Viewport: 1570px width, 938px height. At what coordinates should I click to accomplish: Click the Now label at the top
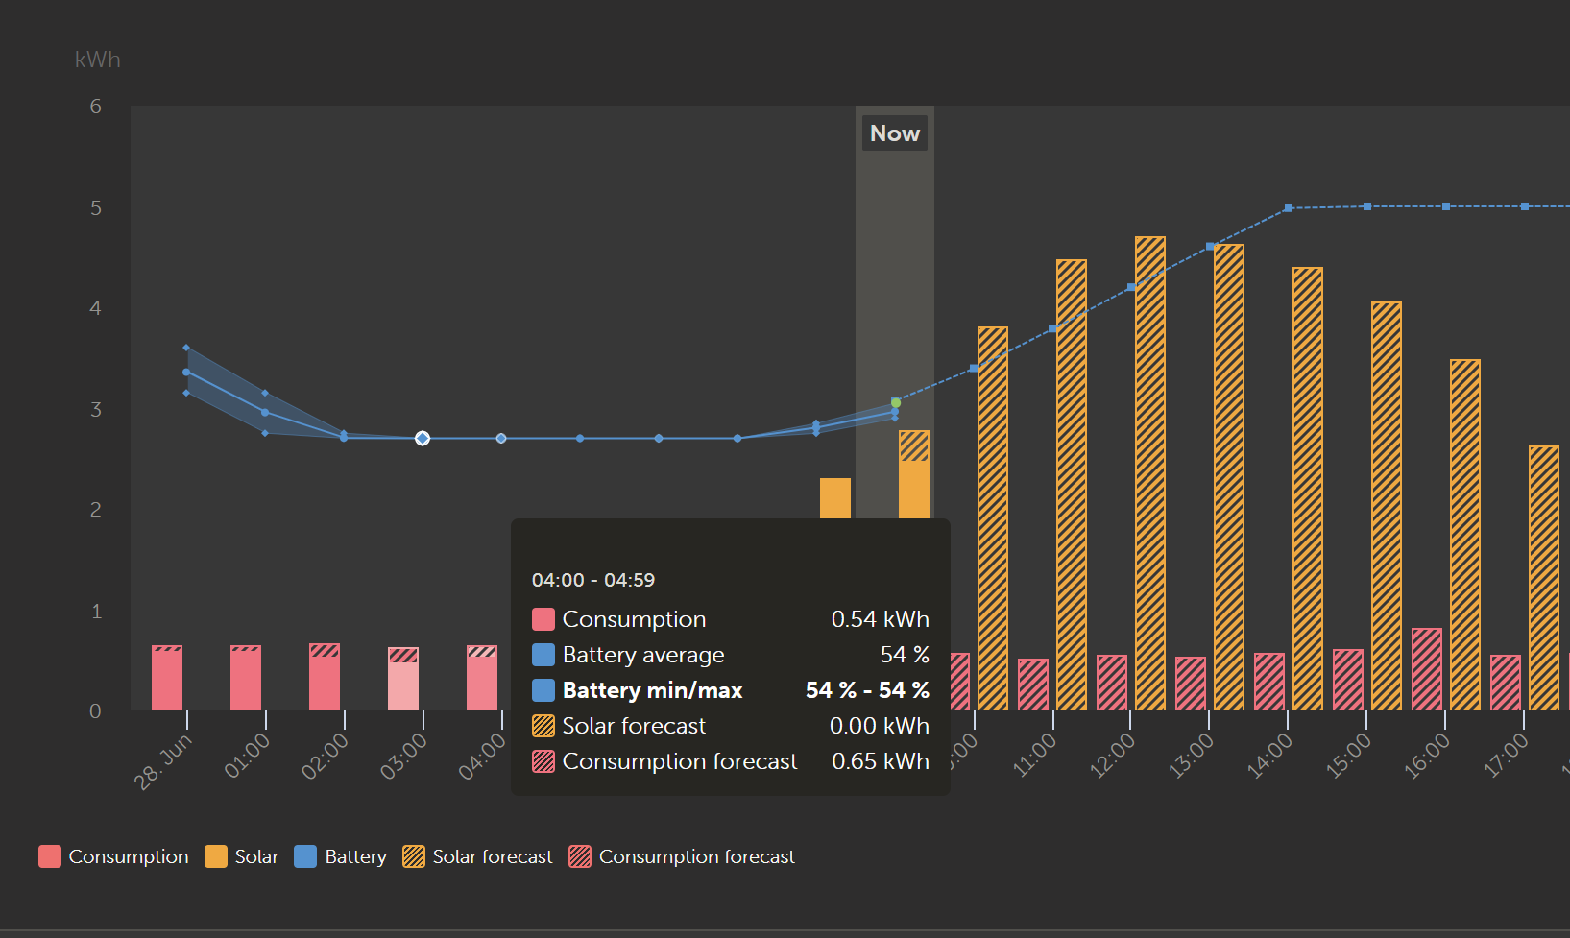tap(895, 133)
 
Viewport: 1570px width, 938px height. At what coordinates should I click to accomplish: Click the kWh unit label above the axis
tap(98, 60)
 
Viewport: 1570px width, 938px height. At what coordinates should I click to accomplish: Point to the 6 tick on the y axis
tap(96, 107)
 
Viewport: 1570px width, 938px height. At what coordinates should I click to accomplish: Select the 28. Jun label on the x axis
tap(163, 761)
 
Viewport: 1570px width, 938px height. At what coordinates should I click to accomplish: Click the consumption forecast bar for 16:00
tap(1427, 669)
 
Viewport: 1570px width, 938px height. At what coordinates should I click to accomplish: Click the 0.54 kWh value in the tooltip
tap(880, 619)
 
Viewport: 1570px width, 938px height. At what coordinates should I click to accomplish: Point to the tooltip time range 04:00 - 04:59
tap(593, 580)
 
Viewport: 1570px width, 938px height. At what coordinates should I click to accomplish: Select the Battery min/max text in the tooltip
tap(652, 690)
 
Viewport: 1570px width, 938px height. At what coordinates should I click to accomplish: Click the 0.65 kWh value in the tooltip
tap(880, 761)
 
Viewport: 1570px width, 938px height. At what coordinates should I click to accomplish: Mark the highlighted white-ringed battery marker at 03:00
tap(423, 438)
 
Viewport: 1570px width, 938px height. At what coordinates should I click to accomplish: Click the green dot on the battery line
tap(896, 403)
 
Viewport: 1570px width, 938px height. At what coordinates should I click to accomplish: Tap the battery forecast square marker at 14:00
tap(1289, 208)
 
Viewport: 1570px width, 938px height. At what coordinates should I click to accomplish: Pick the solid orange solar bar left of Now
tap(835, 498)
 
